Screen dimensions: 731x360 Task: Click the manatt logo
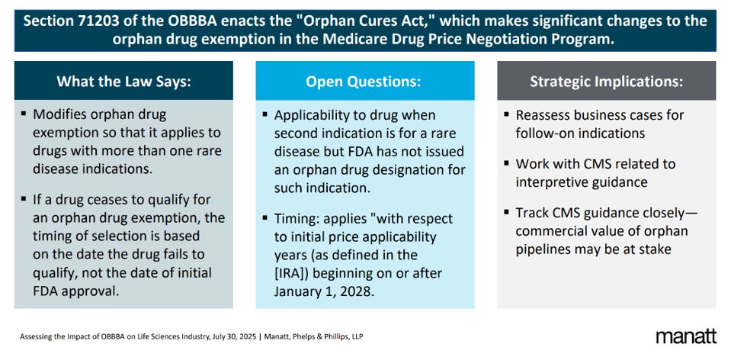[685, 336]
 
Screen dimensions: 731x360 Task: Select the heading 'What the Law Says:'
[123, 81]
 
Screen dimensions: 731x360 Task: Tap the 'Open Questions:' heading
[363, 81]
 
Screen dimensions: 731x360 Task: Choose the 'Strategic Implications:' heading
[607, 81]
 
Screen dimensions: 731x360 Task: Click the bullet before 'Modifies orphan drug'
[24, 114]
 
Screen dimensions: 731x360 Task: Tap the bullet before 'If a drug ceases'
[24, 200]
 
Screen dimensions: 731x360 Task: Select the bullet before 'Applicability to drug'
[265, 114]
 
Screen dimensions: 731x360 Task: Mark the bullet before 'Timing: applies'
[265, 218]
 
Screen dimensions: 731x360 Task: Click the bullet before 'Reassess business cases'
[506, 114]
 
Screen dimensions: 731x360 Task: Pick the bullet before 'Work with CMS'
[506, 163]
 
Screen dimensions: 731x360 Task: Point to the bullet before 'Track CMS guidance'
[506, 212]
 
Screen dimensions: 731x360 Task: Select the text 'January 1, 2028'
[322, 291]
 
